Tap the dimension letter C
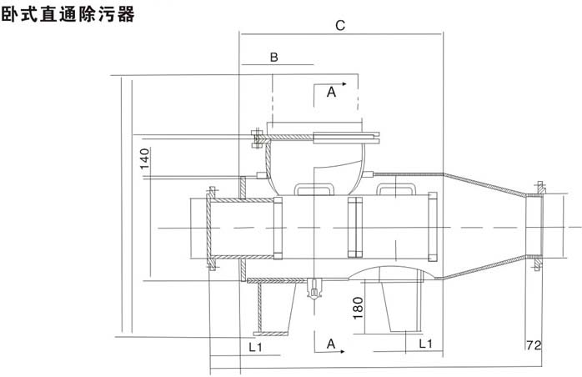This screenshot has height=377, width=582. (x=341, y=26)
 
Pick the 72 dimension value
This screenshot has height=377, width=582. (x=534, y=344)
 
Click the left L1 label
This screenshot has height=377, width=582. (x=258, y=344)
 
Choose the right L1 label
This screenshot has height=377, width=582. (x=424, y=344)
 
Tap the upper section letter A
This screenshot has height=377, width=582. (x=331, y=93)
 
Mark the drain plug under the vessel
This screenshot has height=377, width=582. (x=314, y=289)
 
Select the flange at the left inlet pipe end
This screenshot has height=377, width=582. (x=208, y=227)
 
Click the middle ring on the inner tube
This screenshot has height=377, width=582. (x=354, y=227)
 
